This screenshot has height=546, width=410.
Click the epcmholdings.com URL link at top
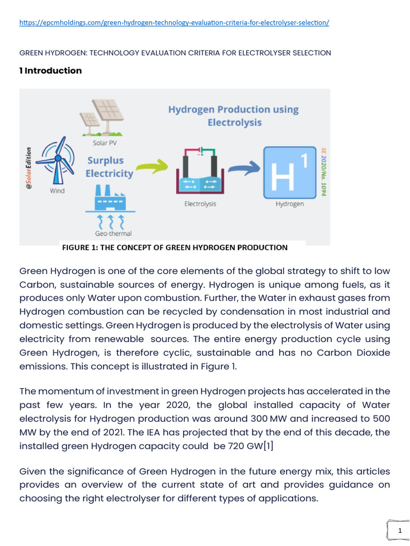click(174, 23)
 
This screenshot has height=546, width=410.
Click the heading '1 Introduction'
click(51, 70)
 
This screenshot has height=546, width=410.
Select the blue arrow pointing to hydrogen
click(241, 170)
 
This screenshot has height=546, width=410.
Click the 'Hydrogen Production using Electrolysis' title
click(233, 116)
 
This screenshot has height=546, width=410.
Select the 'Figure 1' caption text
click(175, 247)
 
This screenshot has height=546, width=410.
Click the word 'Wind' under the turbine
click(57, 190)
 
